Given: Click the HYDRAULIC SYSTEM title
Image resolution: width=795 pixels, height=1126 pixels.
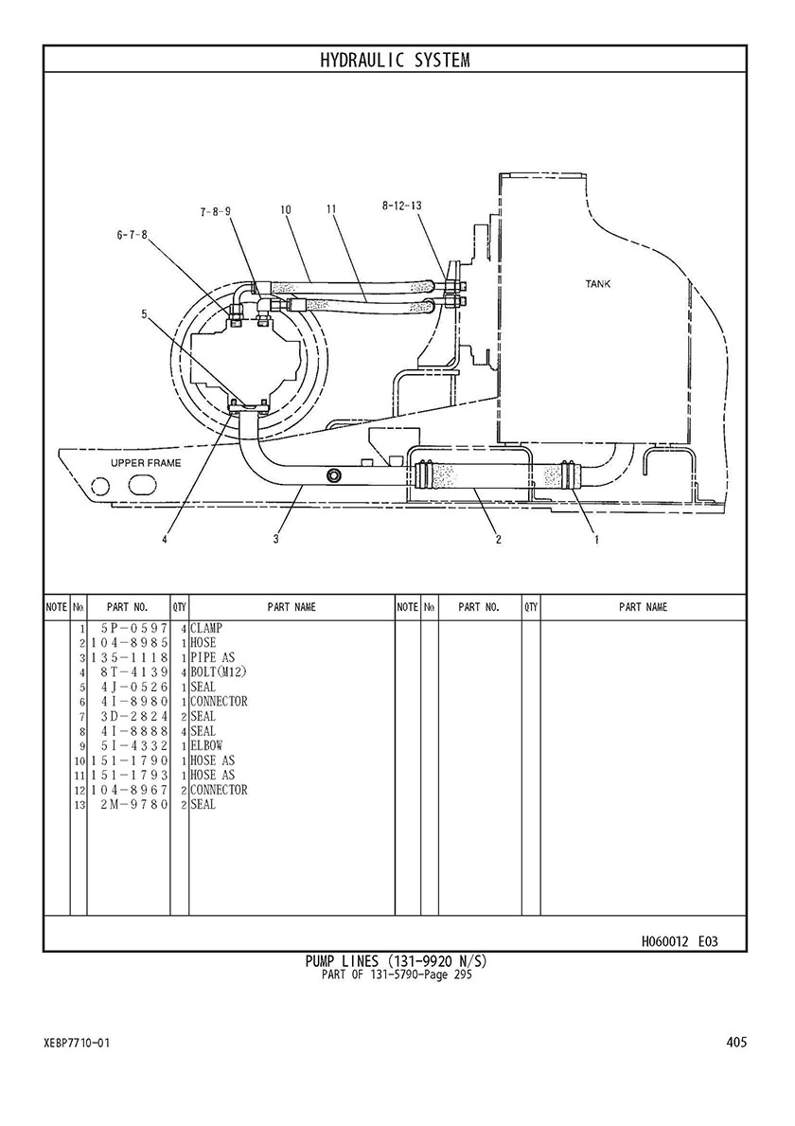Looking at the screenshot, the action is click(x=395, y=61).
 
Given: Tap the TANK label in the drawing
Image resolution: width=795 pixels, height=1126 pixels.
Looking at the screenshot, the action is click(x=598, y=284).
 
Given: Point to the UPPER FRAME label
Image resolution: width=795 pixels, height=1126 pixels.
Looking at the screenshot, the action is click(x=146, y=463).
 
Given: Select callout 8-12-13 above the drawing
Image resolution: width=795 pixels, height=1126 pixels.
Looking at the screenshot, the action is click(x=402, y=206).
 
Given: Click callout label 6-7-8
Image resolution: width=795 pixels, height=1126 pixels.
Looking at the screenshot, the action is click(x=132, y=235).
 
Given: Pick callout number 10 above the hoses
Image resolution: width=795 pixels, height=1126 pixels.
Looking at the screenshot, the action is click(x=286, y=210).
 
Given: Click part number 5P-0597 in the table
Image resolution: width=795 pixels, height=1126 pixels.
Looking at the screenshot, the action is click(x=134, y=629).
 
